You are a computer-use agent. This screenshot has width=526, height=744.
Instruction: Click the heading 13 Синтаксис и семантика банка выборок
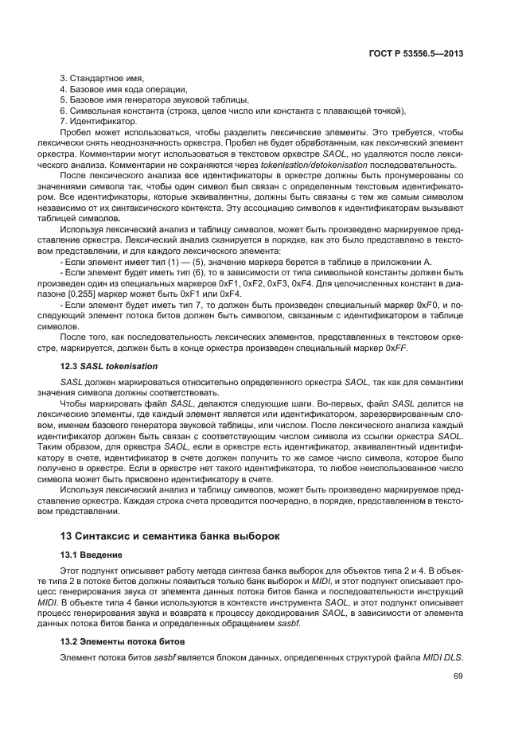(x=170, y=536)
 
